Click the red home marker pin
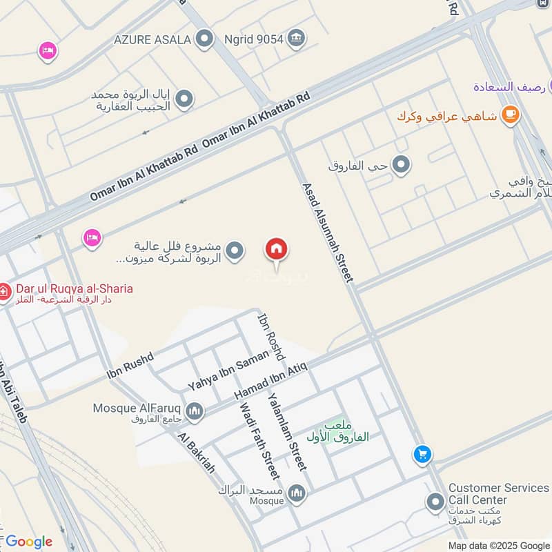tap(277, 250)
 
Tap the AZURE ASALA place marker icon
tap(204, 39)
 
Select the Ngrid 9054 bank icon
tap(296, 38)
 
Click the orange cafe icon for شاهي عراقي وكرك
tap(510, 114)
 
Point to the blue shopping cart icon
tap(422, 454)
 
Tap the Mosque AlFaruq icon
tap(195, 412)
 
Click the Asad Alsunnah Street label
tap(328, 232)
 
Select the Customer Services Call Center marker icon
tap(435, 502)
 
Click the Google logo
tap(28, 542)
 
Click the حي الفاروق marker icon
tap(401, 165)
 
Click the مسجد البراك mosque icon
tap(297, 493)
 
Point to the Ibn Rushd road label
tap(129, 365)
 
